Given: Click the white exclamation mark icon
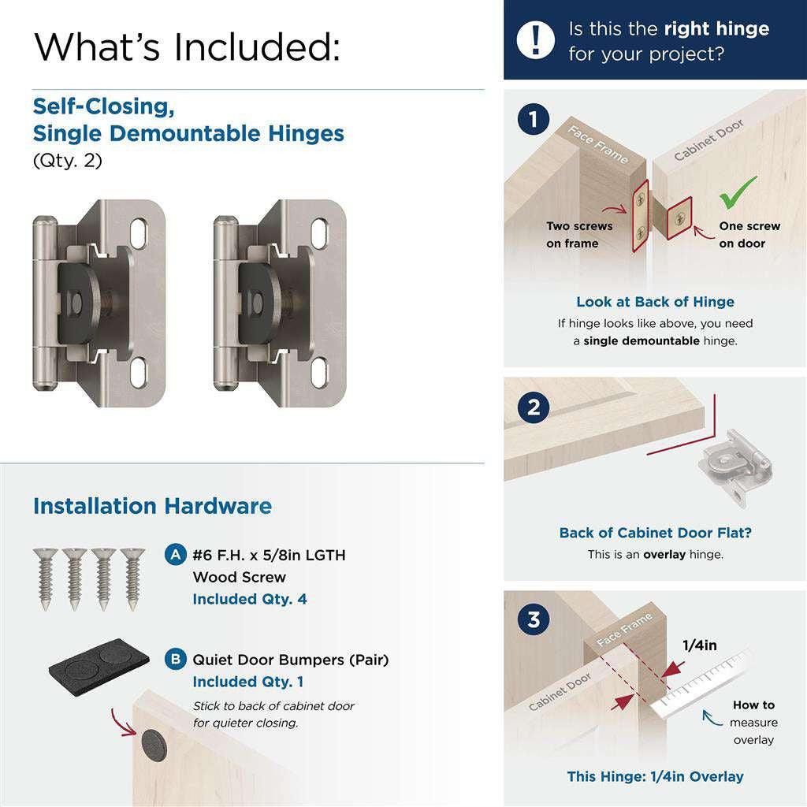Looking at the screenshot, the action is (535, 39).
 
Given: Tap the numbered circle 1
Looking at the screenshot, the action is (534, 120).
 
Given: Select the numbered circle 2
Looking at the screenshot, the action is (534, 407).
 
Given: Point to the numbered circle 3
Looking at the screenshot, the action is (534, 619).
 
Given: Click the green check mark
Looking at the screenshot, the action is (738, 192).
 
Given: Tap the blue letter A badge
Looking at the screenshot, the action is (176, 555).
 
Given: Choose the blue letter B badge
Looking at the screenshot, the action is (176, 660).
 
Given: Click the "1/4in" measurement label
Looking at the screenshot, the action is (700, 645).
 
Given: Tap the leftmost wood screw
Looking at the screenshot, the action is (45, 579).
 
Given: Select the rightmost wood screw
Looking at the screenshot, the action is (132, 579).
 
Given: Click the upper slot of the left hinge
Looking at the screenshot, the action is (139, 233).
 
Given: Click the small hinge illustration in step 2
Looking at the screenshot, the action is (735, 466).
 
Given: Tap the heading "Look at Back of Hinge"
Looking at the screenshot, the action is (655, 302).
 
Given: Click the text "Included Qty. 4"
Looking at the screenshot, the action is (250, 599).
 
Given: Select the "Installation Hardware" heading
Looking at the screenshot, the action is (152, 506).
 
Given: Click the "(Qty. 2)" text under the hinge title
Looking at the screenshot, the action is (68, 161).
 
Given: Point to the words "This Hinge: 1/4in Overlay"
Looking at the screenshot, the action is (655, 776).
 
